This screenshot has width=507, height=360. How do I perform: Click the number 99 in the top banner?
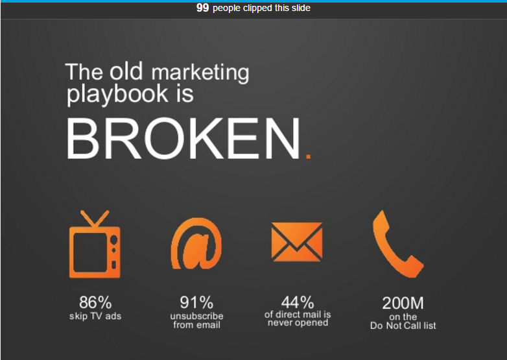pyautogui.click(x=202, y=7)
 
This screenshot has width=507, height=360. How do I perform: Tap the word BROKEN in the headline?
pyautogui.click(x=183, y=138)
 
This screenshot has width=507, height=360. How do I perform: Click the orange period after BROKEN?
pyautogui.click(x=308, y=156)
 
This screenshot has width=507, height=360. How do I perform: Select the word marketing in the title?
pyautogui.click(x=200, y=73)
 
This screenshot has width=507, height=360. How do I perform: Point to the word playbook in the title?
pyautogui.click(x=117, y=94)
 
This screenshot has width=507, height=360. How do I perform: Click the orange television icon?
pyautogui.click(x=95, y=244)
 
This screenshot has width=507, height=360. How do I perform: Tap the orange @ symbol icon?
pyautogui.click(x=196, y=243)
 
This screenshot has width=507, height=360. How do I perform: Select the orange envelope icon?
pyautogui.click(x=297, y=241)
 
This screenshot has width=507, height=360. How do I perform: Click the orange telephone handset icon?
pyautogui.click(x=398, y=244)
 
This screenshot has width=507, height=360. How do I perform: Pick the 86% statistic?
pyautogui.click(x=95, y=302)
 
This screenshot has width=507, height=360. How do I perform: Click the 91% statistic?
pyautogui.click(x=196, y=303)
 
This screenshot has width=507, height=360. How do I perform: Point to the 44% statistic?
pyautogui.click(x=298, y=302)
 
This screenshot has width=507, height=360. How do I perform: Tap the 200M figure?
pyautogui.click(x=403, y=303)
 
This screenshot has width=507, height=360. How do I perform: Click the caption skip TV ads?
pyautogui.click(x=95, y=316)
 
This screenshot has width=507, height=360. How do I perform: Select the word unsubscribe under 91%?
pyautogui.click(x=196, y=316)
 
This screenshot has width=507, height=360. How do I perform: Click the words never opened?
pyautogui.click(x=298, y=322)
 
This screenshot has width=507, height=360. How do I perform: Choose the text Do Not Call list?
pyautogui.click(x=403, y=326)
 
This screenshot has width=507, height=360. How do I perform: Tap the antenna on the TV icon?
pyautogui.click(x=95, y=219)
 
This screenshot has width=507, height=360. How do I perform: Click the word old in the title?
pyautogui.click(x=126, y=71)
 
